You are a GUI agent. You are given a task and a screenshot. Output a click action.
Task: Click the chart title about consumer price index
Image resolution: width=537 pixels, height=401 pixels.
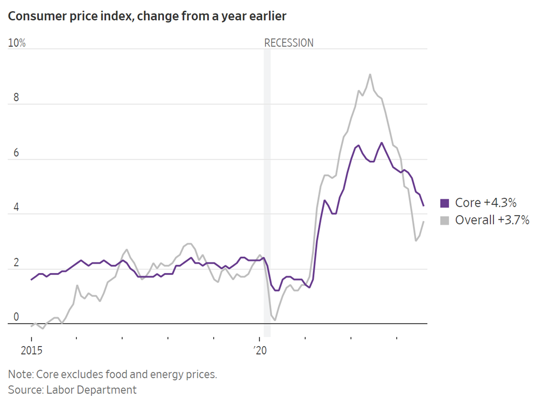[147, 16]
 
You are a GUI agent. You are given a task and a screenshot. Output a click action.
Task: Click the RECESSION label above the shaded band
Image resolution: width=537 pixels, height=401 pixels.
[288, 43]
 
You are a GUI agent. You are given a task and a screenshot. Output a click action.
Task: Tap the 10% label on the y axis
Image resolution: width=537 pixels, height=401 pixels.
[16, 43]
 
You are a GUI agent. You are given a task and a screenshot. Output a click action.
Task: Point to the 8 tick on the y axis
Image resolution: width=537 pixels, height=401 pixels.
[16, 97]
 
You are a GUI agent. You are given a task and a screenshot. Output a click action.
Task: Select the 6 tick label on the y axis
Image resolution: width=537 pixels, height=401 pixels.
[16, 152]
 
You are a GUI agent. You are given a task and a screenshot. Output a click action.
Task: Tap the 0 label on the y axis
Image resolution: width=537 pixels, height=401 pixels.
[16, 317]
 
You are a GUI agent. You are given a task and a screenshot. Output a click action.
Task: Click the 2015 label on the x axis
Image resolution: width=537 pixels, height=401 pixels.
[31, 351]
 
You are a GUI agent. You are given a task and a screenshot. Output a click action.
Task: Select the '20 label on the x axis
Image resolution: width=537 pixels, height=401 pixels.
[260, 351]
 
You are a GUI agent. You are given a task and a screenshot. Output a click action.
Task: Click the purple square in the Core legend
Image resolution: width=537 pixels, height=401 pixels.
[445, 203]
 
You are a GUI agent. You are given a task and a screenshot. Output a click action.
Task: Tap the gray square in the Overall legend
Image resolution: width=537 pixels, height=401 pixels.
[445, 220]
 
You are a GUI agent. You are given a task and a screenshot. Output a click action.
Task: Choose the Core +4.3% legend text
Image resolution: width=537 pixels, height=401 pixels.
[486, 203]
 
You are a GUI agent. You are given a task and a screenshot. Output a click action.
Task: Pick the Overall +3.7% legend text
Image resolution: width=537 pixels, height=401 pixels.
[492, 220]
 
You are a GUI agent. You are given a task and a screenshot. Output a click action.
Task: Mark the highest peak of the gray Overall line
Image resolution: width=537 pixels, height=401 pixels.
[370, 74]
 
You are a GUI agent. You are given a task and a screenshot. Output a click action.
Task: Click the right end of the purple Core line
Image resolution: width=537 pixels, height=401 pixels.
[424, 206]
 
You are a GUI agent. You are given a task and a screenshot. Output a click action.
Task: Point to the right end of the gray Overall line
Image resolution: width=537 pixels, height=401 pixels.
[424, 222]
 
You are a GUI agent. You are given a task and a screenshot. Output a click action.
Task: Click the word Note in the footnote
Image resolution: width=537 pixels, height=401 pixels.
[19, 374]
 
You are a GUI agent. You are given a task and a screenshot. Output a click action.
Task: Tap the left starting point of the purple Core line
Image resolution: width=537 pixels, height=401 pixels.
[31, 280]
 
